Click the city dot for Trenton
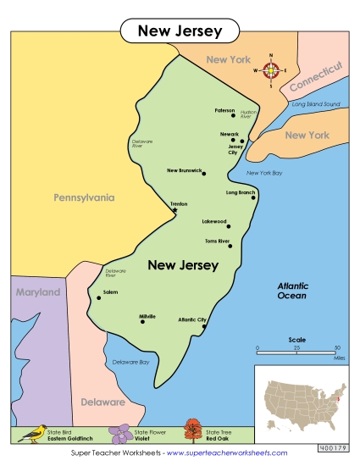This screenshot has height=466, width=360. coord(175,209)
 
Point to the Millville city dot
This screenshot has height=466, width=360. coord(142,321)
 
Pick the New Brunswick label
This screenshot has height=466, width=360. coord(184,170)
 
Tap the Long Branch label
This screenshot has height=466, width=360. coord(241,192)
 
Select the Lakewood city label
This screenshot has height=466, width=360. coord(213,221)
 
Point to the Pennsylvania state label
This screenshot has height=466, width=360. coord(83,197)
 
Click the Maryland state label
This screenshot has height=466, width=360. coord(38,292)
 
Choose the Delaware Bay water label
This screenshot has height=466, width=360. coord(131,362)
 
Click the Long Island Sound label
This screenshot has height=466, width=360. coord(315,104)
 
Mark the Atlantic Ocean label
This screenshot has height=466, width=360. coord(297,291)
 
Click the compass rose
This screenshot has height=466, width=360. coord(271,71)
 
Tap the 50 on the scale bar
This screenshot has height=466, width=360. coord(336,347)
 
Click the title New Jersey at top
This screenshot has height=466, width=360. coord(180,31)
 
